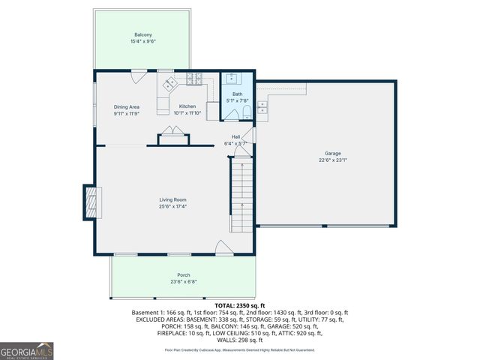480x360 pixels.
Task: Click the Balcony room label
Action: coord(142,35)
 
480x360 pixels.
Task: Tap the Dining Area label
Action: coord(127,107)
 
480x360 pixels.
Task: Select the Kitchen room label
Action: coord(187,107)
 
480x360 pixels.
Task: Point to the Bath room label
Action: coord(237,94)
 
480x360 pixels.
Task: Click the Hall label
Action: coord(235,136)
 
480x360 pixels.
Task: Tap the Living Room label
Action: coord(172,199)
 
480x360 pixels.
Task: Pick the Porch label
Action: coord(183,275)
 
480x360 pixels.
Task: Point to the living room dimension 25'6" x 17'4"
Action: coord(172,205)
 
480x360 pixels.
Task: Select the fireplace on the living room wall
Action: coord(89,202)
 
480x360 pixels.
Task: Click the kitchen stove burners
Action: coord(194,77)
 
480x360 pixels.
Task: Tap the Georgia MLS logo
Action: coord(27,349)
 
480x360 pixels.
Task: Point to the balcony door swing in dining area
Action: coord(139,75)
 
